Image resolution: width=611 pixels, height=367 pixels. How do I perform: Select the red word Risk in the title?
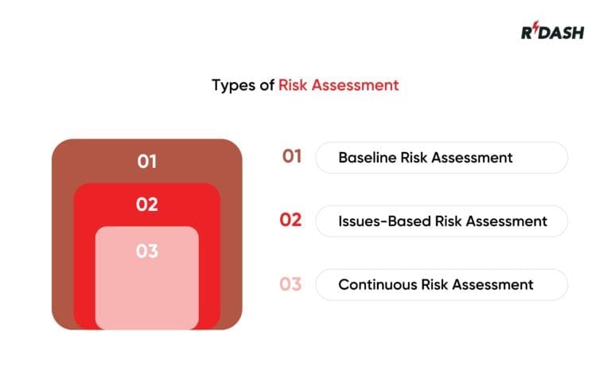pos(293,85)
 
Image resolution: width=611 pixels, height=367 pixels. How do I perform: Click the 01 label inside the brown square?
pos(147,162)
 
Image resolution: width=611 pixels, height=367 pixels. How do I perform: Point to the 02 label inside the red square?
pos(147,205)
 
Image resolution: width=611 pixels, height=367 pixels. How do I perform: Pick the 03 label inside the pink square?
pos(147,252)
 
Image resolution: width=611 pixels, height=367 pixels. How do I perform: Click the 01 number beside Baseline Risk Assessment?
pos(292,157)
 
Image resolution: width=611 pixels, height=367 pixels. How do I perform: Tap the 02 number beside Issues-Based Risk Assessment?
pos(291,221)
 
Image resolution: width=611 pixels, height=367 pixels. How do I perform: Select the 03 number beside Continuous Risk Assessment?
pos(291,284)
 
